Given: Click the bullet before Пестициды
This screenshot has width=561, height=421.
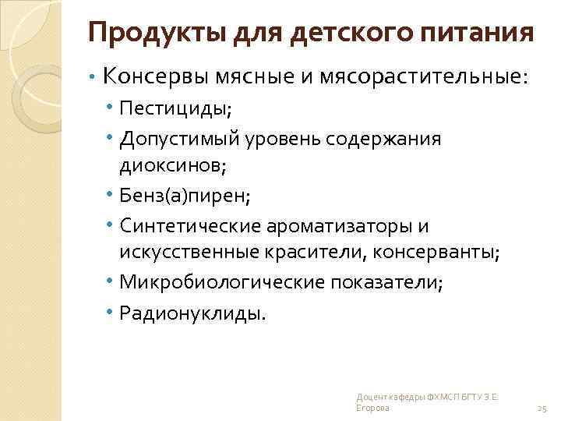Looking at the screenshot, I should click(x=114, y=108).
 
